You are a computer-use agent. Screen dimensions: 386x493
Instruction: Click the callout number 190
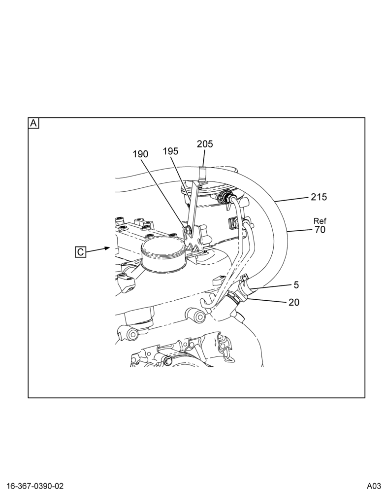tap(140, 154)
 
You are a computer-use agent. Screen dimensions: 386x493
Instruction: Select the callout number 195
tap(170, 151)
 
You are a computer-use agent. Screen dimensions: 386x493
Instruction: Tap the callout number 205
tap(205, 143)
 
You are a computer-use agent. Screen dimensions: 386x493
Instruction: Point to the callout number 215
tap(319, 197)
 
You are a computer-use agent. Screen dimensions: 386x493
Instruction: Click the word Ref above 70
tap(320, 221)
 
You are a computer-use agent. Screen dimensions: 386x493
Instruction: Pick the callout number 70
tap(320, 230)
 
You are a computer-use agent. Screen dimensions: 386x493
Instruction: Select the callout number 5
tap(296, 285)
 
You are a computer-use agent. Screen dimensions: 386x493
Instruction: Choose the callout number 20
tap(294, 302)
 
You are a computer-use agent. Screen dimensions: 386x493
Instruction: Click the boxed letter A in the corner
tap(33, 123)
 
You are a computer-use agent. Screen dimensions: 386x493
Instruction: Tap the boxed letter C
tap(81, 252)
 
